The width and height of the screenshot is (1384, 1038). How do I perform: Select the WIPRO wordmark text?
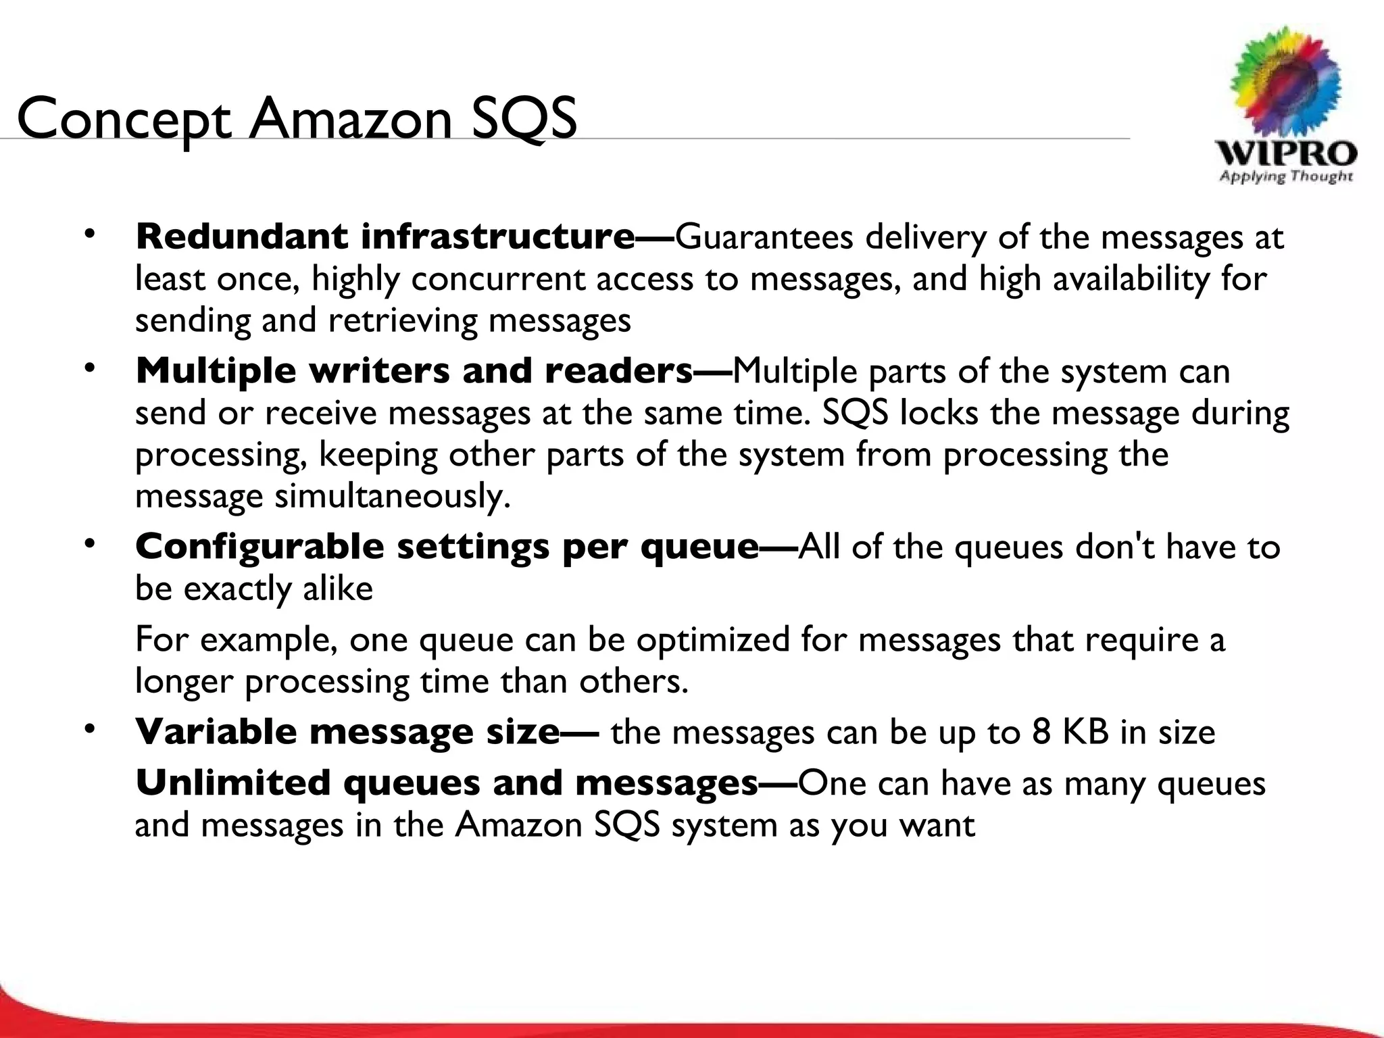coord(1286,153)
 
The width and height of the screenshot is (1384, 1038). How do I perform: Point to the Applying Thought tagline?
coord(1286,177)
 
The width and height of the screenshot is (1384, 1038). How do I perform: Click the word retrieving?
coord(402,320)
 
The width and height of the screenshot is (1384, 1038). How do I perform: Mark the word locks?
coord(938,412)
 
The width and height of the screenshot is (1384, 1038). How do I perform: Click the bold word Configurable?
coord(259,546)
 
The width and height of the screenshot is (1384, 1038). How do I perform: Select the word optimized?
coord(712,639)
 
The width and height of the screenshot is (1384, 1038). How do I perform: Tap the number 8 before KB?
coord(1041,732)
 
